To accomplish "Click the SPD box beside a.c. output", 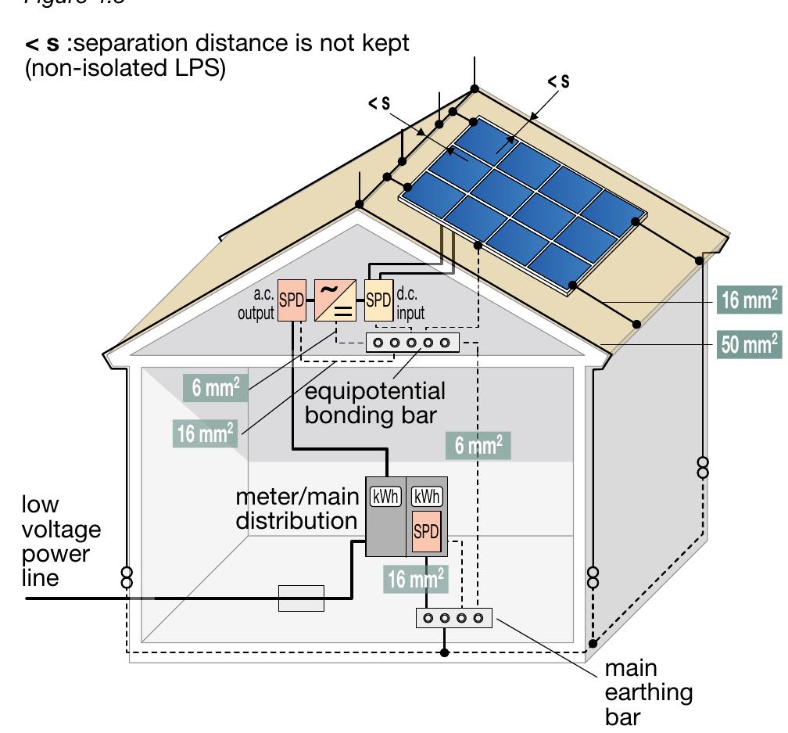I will pos(291,300).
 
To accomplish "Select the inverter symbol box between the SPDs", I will pos(335,300).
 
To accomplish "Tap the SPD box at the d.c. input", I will pos(378,300).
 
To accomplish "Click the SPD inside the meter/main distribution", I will pos(426,532).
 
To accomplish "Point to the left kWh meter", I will pos(385,496).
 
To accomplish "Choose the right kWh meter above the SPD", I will pos(427,496).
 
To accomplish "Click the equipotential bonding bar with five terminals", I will pos(413,342).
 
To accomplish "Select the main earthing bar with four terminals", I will pos(453,618).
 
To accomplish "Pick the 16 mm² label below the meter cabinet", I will pos(416,579).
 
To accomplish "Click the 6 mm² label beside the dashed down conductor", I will pos(478,446).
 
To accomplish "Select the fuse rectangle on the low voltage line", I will pos(302,598).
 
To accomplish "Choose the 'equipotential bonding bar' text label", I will pos(375,402).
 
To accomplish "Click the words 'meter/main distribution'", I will pos(297,508).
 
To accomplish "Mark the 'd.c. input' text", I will pos(410,305).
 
